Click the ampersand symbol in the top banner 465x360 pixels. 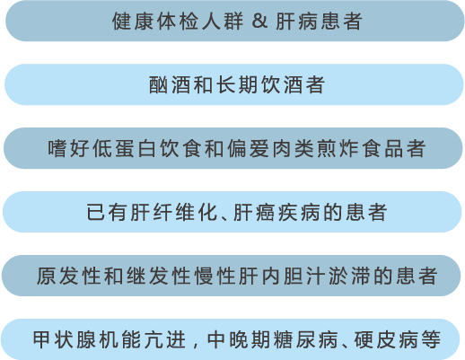(x=259, y=21)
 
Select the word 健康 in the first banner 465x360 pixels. (x=133, y=22)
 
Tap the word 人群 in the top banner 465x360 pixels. (x=223, y=22)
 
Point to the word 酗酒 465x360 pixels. (x=170, y=84)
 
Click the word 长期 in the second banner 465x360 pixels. (x=237, y=84)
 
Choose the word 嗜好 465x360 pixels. (x=68, y=148)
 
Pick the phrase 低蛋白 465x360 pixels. (x=125, y=148)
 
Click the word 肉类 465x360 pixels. (x=293, y=148)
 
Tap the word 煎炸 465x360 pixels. (x=338, y=148)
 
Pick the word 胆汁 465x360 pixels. (x=304, y=276)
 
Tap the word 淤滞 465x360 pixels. (x=349, y=276)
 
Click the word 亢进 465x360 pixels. (x=165, y=339)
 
